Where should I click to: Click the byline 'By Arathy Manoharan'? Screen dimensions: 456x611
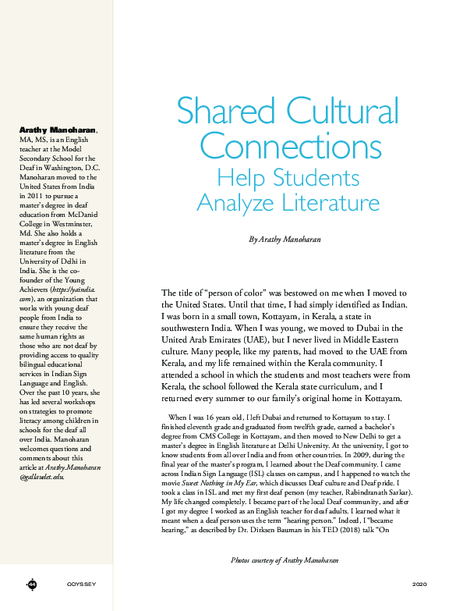(x=285, y=239)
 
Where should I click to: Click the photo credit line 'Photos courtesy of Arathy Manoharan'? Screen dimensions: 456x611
(x=285, y=560)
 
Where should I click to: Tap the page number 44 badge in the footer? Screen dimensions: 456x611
(x=32, y=584)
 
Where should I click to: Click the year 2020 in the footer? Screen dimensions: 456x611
(x=419, y=584)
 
